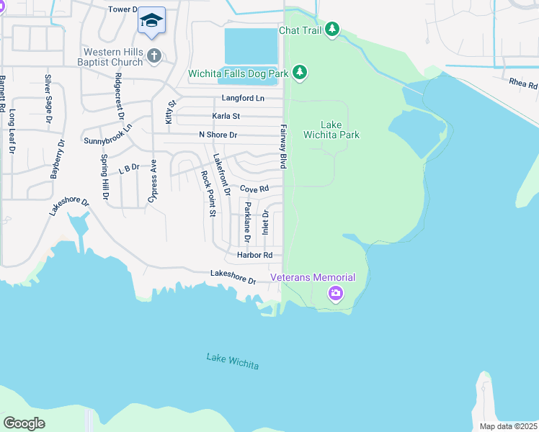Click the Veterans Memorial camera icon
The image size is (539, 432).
tap(335, 293)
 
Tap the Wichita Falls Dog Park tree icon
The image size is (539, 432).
tap(300, 73)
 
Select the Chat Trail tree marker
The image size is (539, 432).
tap(331, 30)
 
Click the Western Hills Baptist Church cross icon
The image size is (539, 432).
tap(153, 55)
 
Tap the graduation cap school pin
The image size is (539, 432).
tap(151, 21)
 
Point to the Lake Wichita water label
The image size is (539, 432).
tap(232, 361)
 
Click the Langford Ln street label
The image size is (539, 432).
tap(243, 98)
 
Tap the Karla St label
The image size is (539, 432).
tap(226, 116)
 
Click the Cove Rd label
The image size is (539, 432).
tap(254, 189)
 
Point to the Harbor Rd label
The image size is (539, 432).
tap(254, 256)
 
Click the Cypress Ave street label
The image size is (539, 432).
tap(153, 184)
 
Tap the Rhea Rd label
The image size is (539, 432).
tap(523, 85)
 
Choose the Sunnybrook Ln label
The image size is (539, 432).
tap(109, 135)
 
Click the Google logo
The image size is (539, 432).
tap(24, 423)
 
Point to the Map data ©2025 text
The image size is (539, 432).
tap(508, 426)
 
